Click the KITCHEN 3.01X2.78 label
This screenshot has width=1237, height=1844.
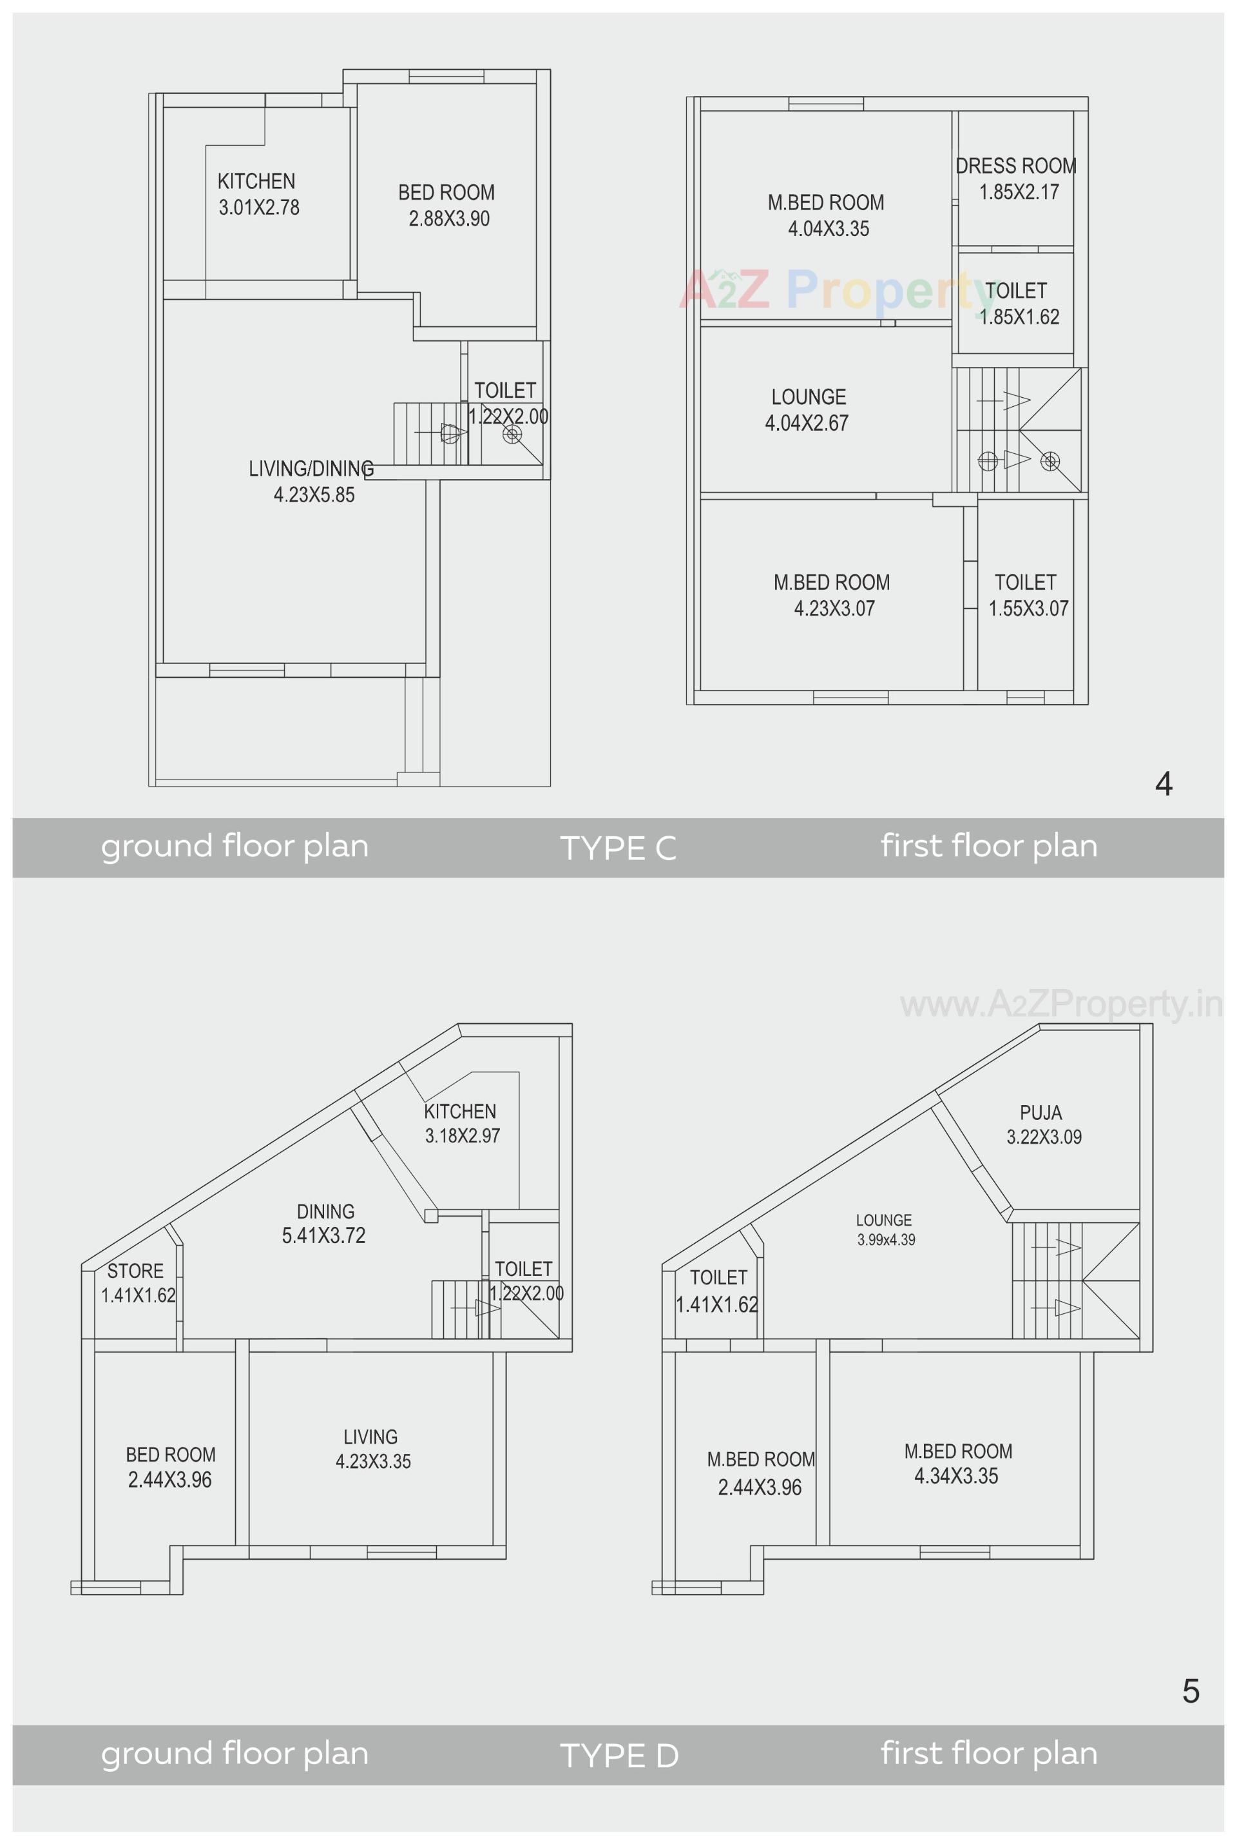point(258,194)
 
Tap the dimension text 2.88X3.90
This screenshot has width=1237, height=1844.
point(449,219)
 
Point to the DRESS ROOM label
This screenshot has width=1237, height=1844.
point(1016,166)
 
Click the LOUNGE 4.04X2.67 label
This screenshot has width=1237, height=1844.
point(807,409)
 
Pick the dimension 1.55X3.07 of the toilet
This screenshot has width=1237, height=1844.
point(1028,609)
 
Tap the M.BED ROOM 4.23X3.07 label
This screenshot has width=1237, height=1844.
point(832,595)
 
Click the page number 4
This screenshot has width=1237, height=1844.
point(1163,784)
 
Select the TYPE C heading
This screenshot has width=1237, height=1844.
point(618,848)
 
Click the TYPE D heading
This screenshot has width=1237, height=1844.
point(618,1756)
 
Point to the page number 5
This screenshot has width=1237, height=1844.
point(1191,1692)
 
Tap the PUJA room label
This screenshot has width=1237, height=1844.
point(1040,1113)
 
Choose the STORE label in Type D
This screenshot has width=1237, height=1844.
point(136,1271)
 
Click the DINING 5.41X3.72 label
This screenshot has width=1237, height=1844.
point(324,1224)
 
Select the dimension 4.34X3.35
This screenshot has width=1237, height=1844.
point(956,1476)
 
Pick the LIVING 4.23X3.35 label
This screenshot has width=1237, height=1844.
point(372,1449)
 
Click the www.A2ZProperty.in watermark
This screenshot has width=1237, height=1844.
point(1061,1005)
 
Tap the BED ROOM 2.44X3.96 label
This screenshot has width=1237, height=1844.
point(170,1467)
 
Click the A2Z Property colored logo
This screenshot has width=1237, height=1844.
point(836,289)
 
